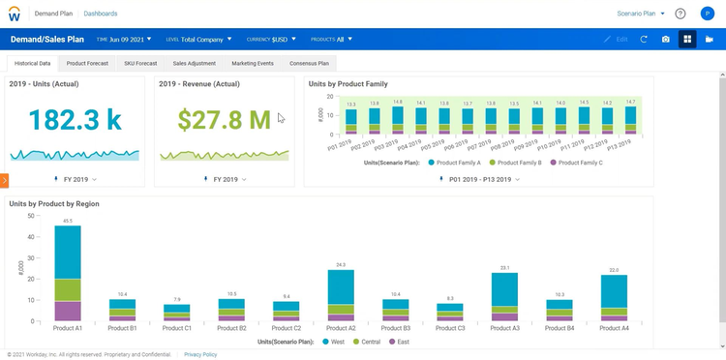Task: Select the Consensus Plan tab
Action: click(x=310, y=63)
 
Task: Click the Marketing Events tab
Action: click(x=252, y=63)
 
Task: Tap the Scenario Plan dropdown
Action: click(x=640, y=15)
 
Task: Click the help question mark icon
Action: click(x=681, y=15)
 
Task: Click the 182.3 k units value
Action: click(x=75, y=119)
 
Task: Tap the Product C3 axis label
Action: click(x=450, y=328)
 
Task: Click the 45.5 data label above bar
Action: click(x=68, y=221)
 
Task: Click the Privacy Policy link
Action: click(x=200, y=354)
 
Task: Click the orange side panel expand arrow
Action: click(x=4, y=180)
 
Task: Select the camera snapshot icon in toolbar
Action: click(x=665, y=40)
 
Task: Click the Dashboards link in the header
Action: click(x=102, y=15)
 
